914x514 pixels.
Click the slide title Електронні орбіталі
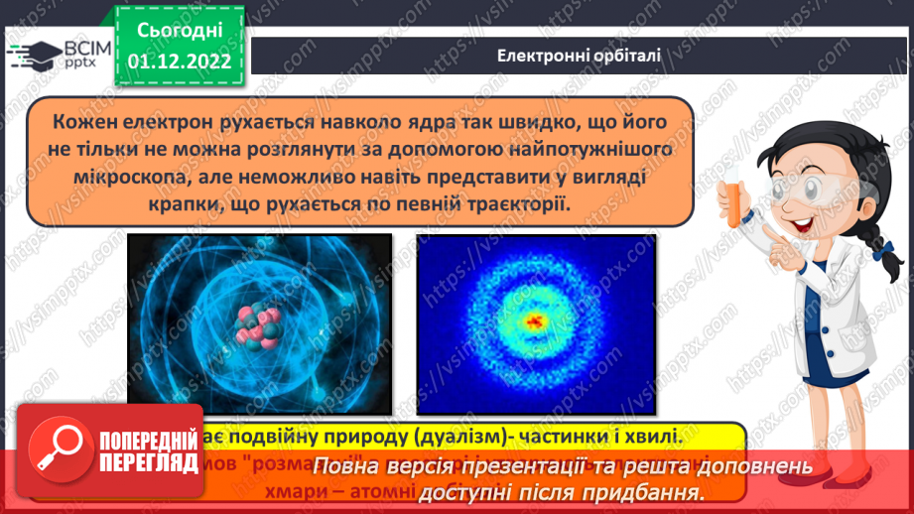[579, 55]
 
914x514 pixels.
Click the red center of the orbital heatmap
[537, 321]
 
